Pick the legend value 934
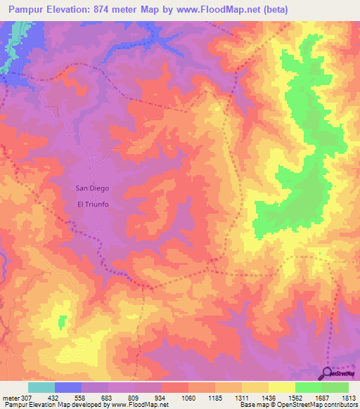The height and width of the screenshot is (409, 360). click(x=161, y=397)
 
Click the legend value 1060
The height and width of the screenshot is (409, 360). click(x=188, y=397)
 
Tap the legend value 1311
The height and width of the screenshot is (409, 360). click(x=242, y=397)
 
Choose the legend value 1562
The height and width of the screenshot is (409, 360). click(x=295, y=397)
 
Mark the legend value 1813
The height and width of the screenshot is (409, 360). click(x=349, y=397)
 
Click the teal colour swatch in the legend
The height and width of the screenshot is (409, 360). click(x=41, y=387)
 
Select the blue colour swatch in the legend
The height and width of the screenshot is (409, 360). click(x=68, y=387)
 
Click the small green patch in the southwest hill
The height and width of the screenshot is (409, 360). click(x=61, y=321)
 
